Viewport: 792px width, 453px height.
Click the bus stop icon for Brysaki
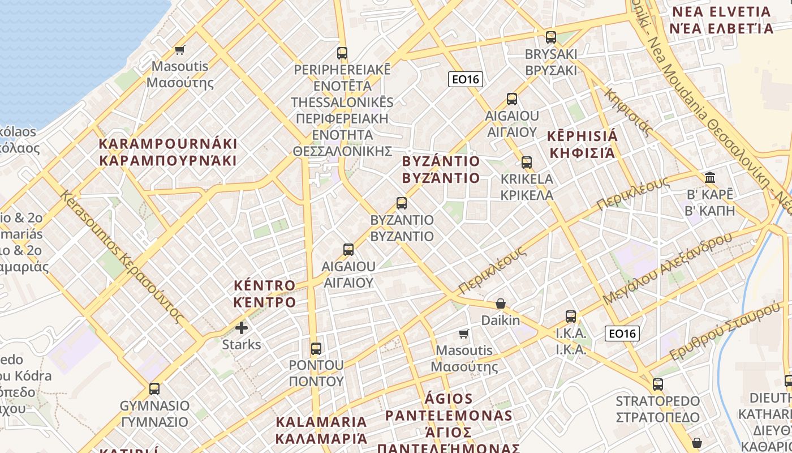pos(550,37)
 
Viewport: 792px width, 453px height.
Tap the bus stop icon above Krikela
pos(527,163)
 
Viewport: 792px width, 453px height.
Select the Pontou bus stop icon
pos(316,348)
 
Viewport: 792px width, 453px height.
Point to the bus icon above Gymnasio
pos(154,389)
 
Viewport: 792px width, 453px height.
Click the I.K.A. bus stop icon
pos(571,316)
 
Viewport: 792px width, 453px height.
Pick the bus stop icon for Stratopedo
pos(657,384)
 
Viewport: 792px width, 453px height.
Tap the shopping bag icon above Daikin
pos(500,304)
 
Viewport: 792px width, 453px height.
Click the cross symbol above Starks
pos(242,328)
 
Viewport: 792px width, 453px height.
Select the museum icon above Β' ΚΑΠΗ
pos(710,178)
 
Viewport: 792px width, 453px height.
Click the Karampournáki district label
pos(168,152)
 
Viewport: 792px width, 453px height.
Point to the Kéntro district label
pos(265,293)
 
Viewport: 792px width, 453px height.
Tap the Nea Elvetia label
pos(721,20)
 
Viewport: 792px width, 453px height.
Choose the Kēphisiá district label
pos(583,144)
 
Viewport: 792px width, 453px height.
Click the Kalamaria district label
pos(321,430)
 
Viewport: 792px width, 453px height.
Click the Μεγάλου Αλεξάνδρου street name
pos(667,269)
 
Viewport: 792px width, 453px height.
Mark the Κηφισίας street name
pos(628,112)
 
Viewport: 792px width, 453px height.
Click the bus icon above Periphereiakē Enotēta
pos(342,53)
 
